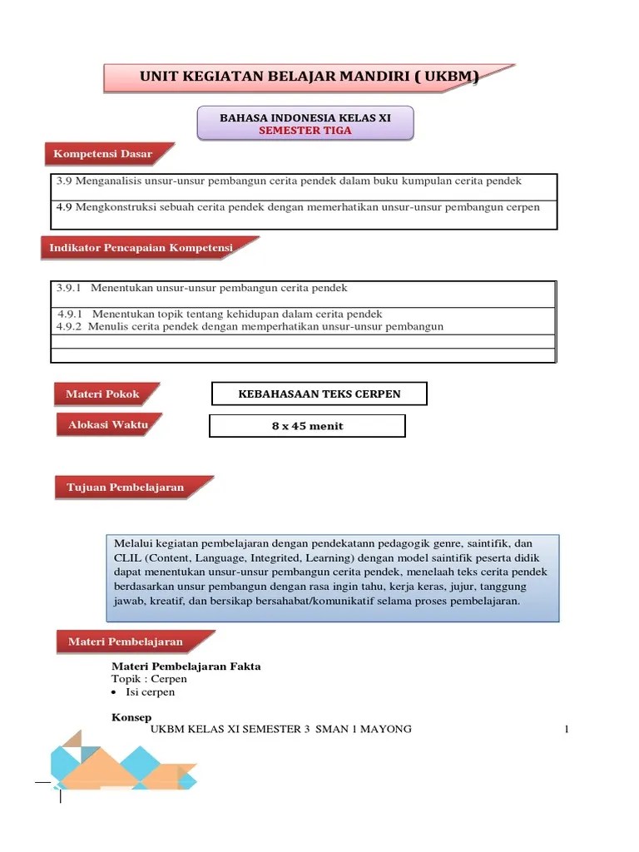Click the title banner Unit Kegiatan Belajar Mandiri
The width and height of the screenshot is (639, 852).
pyautogui.click(x=308, y=78)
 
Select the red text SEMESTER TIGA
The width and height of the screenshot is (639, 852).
pyautogui.click(x=305, y=131)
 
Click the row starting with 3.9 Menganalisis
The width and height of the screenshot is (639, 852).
pyautogui.click(x=290, y=181)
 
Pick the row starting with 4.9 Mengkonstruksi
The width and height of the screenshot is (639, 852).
pyautogui.click(x=297, y=207)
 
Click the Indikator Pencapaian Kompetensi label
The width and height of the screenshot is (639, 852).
pyautogui.click(x=141, y=248)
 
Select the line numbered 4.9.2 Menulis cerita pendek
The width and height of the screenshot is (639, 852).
pyautogui.click(x=250, y=327)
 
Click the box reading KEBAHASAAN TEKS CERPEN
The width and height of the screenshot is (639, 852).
pyautogui.click(x=319, y=394)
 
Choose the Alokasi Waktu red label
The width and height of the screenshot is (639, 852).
pyautogui.click(x=107, y=425)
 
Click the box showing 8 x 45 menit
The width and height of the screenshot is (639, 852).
pyautogui.click(x=307, y=426)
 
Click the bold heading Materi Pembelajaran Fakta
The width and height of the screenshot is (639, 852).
pyautogui.click(x=186, y=666)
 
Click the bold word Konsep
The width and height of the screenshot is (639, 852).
pyautogui.click(x=131, y=716)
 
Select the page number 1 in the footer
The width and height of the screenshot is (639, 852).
pyautogui.click(x=566, y=730)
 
